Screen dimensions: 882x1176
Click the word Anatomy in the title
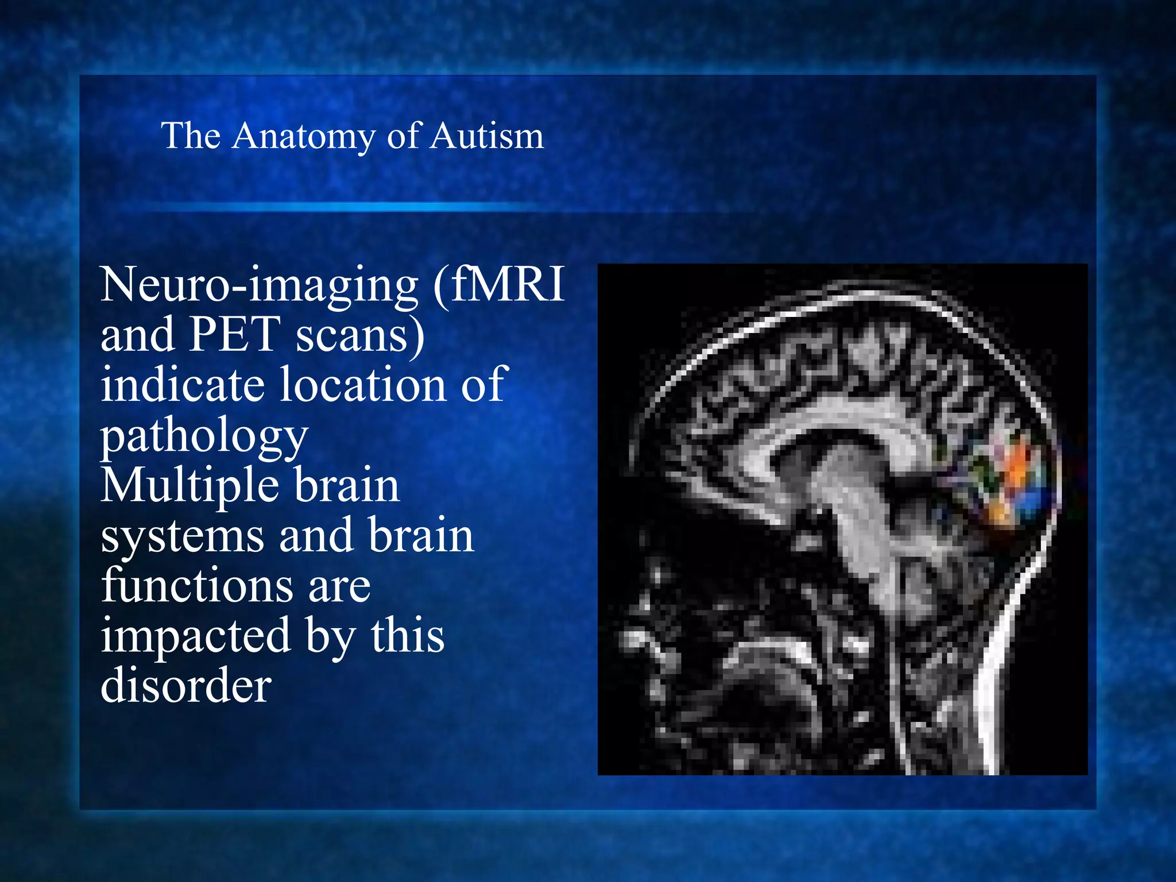pyautogui.click(x=304, y=137)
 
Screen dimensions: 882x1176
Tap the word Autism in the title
pyautogui.click(x=487, y=137)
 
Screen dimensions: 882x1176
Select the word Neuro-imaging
pyautogui.click(x=260, y=285)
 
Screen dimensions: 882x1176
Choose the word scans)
pyautogui.click(x=360, y=335)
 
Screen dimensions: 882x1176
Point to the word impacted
pyautogui.click(x=195, y=636)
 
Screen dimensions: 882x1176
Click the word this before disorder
pyautogui.click(x=407, y=636)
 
